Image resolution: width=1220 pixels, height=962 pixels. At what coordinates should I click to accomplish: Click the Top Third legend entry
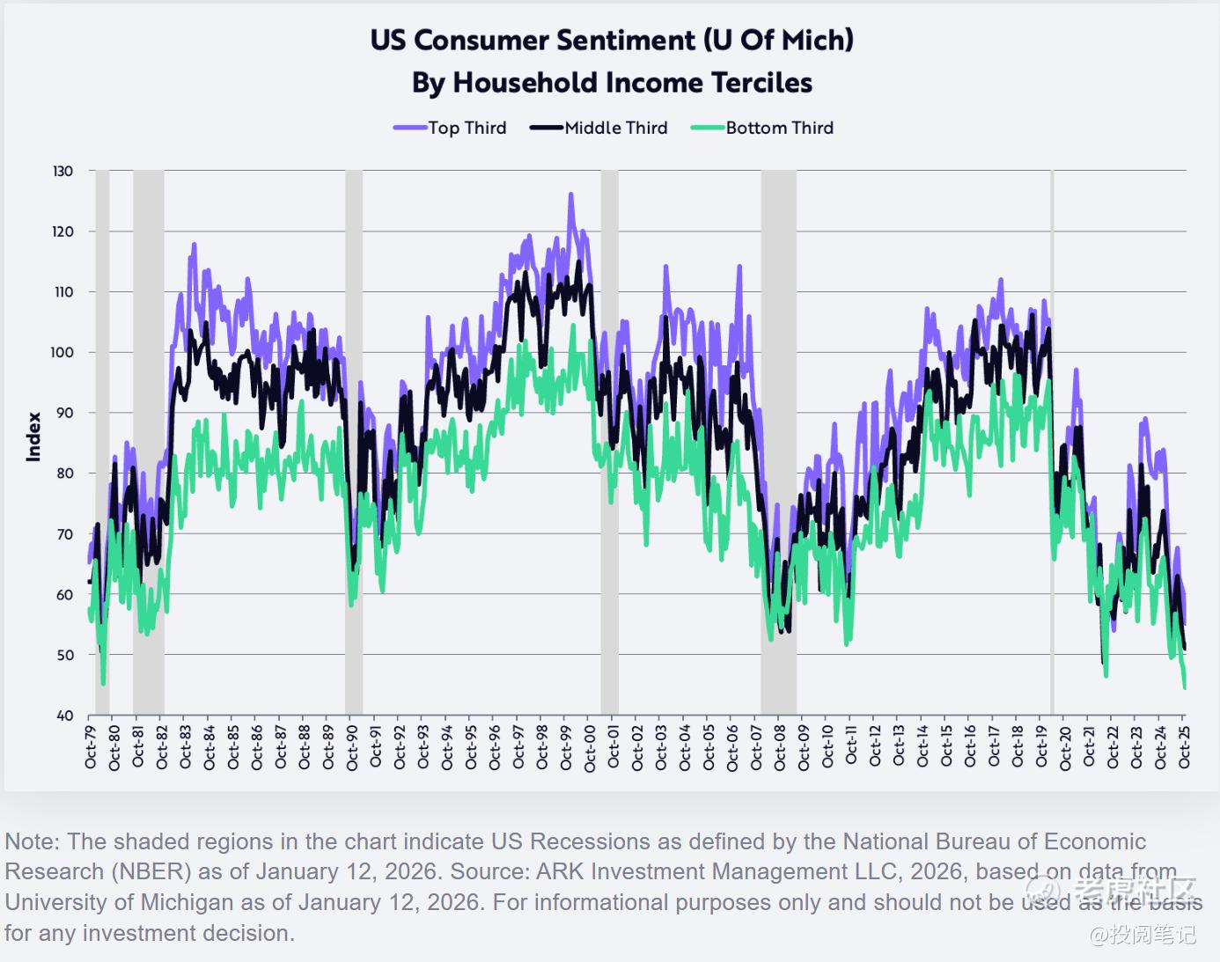click(450, 128)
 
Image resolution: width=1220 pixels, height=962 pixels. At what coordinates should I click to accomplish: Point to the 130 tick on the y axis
click(63, 171)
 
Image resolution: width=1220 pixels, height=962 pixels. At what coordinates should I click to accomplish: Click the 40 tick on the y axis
click(64, 716)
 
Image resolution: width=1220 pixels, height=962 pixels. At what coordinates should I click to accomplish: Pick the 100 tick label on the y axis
click(62, 352)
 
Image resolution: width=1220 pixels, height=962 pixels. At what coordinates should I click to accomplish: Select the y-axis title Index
click(34, 437)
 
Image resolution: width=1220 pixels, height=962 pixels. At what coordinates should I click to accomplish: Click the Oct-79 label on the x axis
click(91, 747)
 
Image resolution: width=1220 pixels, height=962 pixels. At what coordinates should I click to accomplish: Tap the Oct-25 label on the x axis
click(1185, 747)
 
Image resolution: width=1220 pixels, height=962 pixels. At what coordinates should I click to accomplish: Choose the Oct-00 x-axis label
click(590, 747)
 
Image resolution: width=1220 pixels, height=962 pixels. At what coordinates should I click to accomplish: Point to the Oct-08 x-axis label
click(780, 747)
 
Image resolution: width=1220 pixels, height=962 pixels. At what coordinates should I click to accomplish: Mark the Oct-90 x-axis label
click(352, 747)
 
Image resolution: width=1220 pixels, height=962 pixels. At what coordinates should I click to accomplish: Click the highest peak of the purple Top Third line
click(570, 195)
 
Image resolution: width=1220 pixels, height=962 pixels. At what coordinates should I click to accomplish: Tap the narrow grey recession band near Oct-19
click(1052, 440)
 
